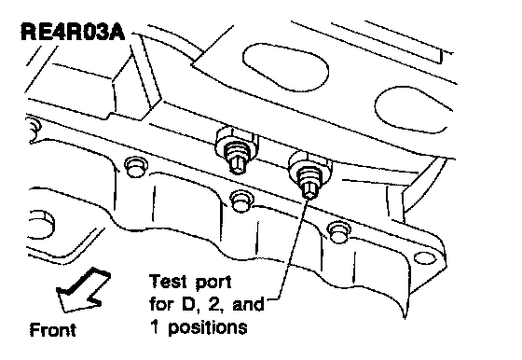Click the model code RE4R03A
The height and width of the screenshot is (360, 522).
(x=73, y=32)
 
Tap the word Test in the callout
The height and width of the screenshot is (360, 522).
(x=168, y=281)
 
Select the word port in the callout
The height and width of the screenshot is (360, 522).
(x=213, y=283)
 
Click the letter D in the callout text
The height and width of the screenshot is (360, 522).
(x=187, y=304)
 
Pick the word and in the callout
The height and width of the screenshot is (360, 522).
(x=248, y=304)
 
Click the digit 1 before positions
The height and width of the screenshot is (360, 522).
(x=155, y=326)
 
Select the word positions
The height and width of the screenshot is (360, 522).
(x=208, y=328)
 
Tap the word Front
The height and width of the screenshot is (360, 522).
(x=52, y=330)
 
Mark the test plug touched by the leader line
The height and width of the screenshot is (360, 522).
(x=308, y=173)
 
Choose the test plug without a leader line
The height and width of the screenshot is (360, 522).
(x=236, y=150)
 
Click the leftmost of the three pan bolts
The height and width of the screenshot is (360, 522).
(x=136, y=167)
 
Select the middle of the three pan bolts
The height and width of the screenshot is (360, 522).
(x=241, y=201)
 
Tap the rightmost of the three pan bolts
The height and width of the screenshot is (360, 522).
(x=338, y=232)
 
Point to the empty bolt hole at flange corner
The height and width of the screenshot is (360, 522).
(x=424, y=257)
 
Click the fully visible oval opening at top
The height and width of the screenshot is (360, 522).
(x=285, y=67)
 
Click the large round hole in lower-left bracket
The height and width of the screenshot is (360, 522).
(x=41, y=224)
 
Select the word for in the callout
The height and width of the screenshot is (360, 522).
(x=160, y=303)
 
